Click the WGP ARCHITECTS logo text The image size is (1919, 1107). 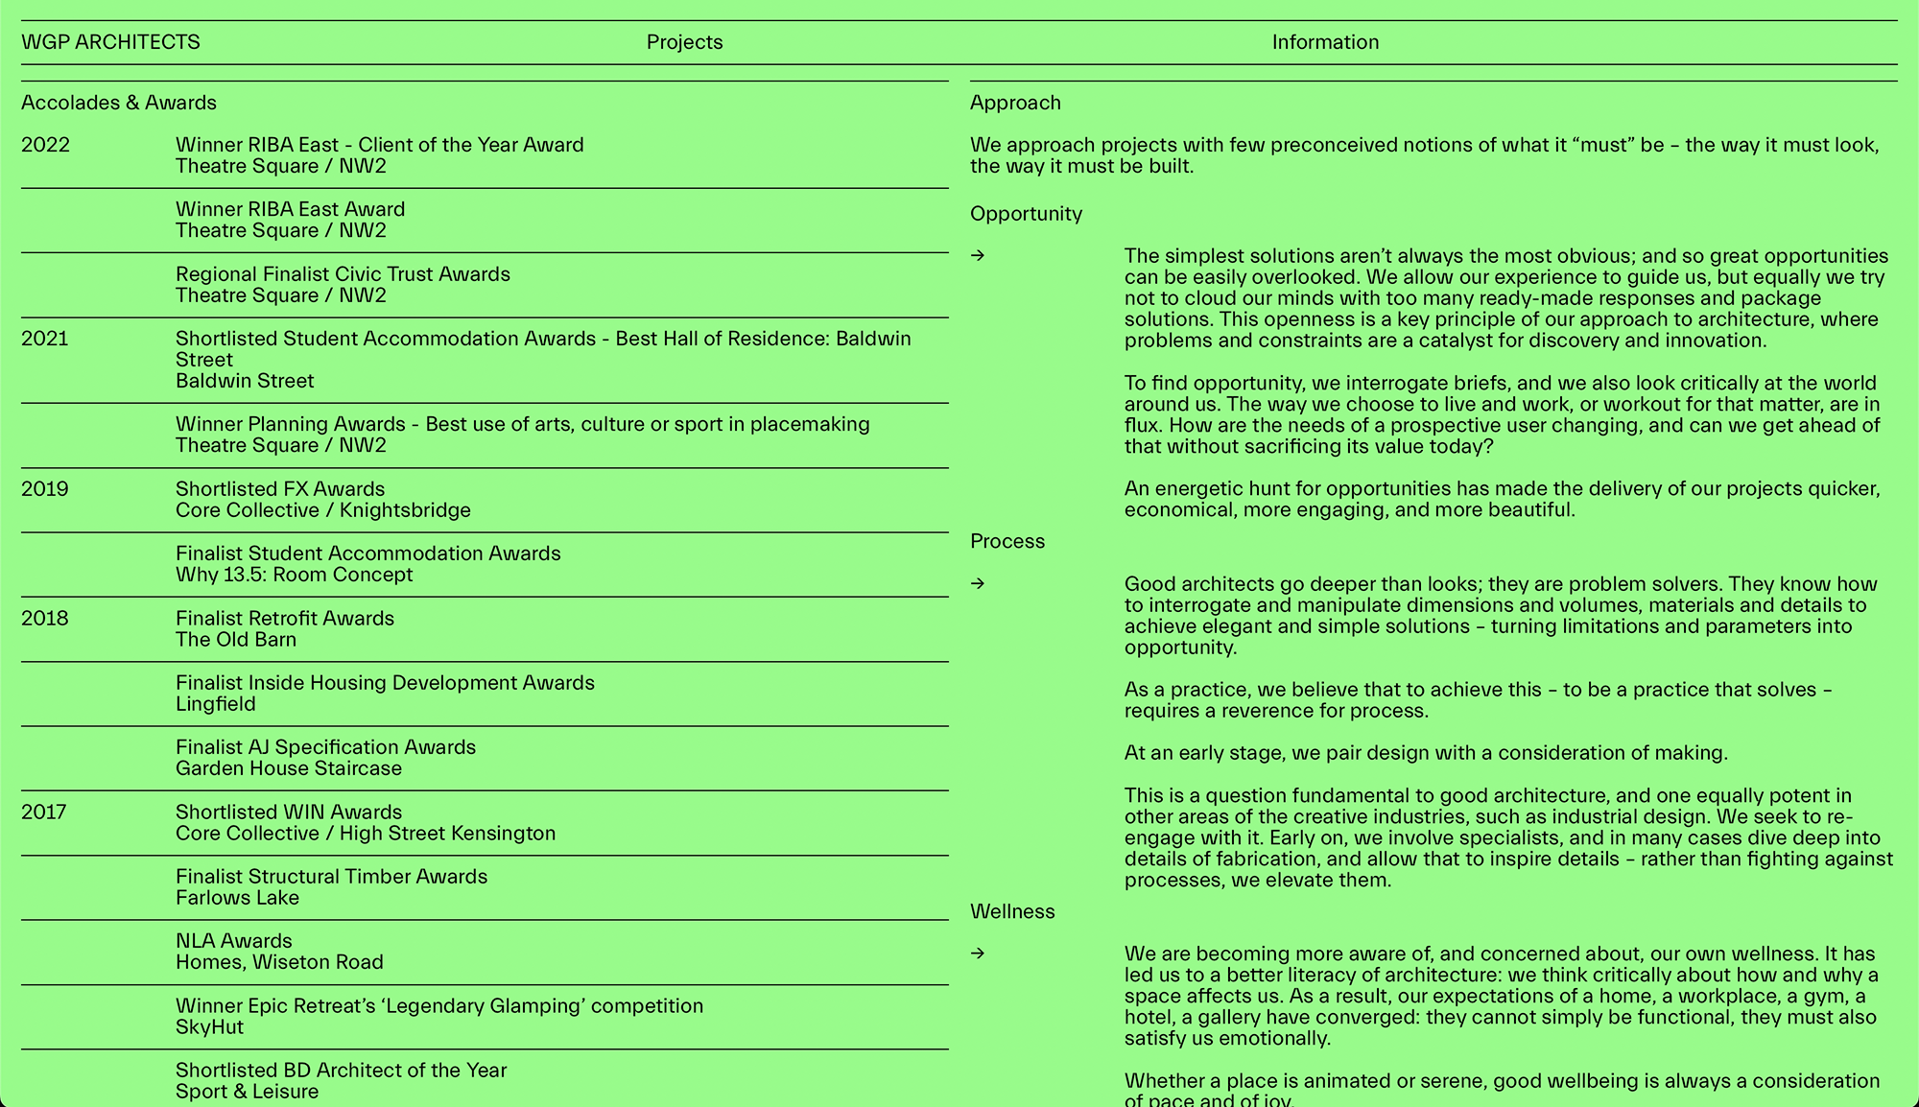[110, 42]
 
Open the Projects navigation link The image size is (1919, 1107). [684, 42]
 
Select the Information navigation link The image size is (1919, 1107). [1325, 42]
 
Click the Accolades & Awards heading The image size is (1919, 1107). [119, 103]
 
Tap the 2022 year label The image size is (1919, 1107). [45, 145]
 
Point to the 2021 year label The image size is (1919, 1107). [45, 339]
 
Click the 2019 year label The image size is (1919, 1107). [45, 489]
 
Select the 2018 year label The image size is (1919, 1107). [45, 619]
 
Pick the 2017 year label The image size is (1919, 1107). [45, 813]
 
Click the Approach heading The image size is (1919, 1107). [1015, 103]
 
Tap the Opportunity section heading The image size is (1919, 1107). [1026, 214]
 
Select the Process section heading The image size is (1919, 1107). [1007, 541]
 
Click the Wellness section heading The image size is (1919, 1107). [1012, 911]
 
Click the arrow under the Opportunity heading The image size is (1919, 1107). [978, 255]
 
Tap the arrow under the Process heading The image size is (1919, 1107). [978, 583]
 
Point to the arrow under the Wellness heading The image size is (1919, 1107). [978, 953]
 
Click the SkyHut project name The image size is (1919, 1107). [209, 1027]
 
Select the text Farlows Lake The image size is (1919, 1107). [237, 898]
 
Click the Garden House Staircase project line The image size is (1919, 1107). [289, 768]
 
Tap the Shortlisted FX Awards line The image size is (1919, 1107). [280, 489]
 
